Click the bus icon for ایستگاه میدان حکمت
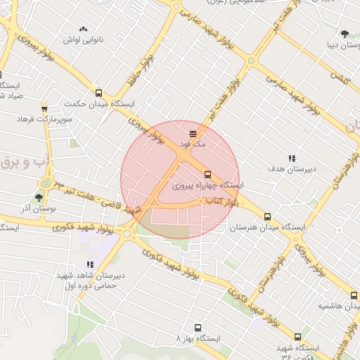click(98, 93)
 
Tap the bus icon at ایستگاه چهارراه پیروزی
click(207, 174)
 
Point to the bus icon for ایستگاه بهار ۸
click(198, 328)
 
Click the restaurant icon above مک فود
click(193, 132)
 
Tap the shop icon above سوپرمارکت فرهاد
click(44, 108)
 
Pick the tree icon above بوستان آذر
click(39, 198)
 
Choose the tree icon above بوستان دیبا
click(345, 33)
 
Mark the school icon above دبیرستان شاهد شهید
click(90, 264)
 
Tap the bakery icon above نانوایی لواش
click(84, 29)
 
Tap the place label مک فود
click(195, 143)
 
